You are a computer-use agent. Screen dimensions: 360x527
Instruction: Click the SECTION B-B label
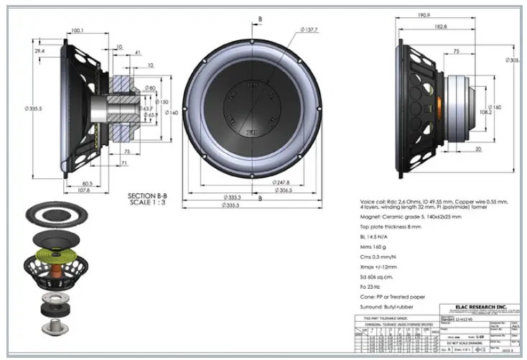click(147, 195)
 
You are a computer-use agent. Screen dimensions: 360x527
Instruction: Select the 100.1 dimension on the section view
click(78, 30)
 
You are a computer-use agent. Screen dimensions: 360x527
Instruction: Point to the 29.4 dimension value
click(39, 52)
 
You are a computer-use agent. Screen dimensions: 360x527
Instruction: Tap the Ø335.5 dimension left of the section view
click(27, 108)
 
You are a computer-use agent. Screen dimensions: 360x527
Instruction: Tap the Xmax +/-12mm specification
click(382, 266)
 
